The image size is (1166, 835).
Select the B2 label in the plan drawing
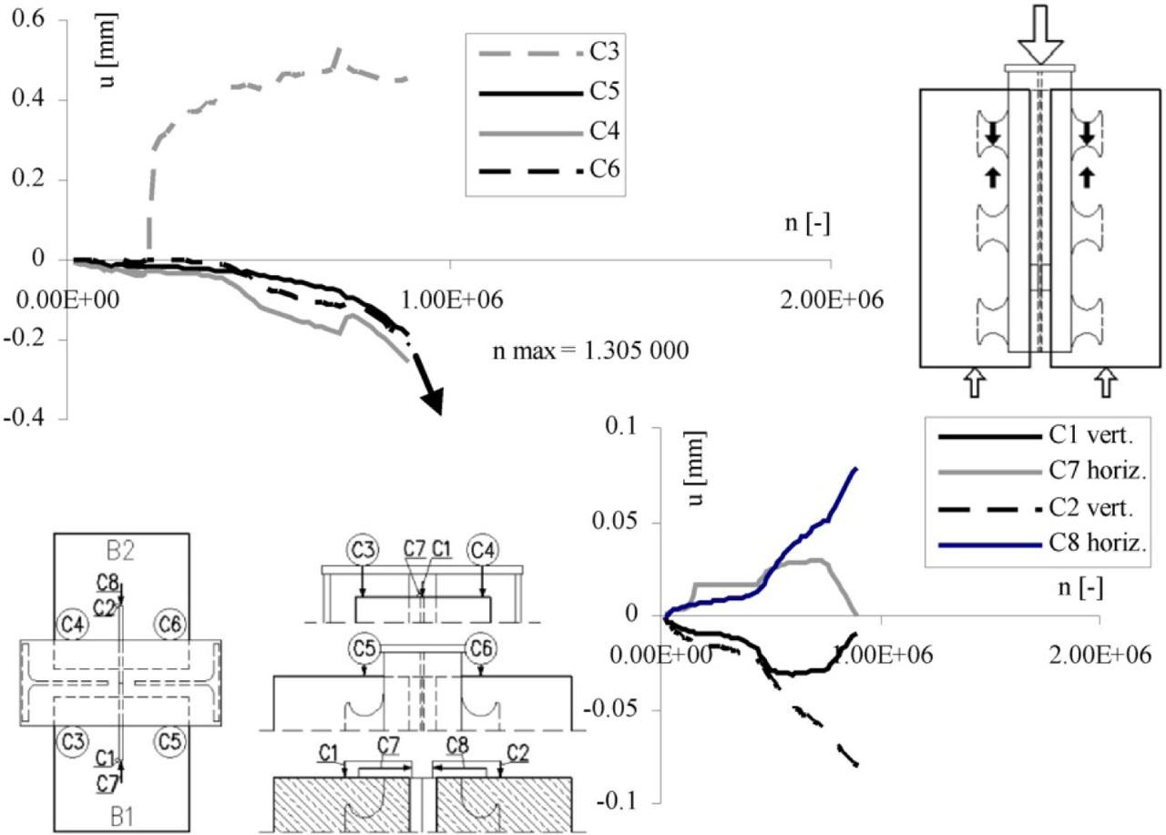point(121,551)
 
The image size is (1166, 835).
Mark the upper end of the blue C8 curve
point(856,468)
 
